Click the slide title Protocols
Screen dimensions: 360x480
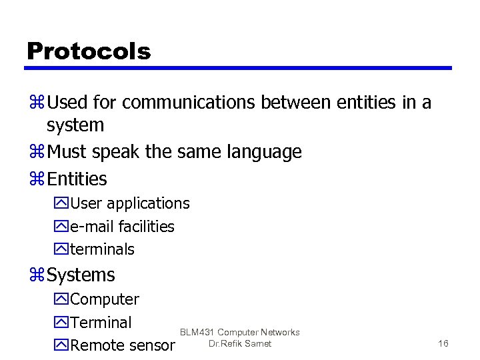pyautogui.click(x=89, y=51)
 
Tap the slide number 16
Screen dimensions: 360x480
pyautogui.click(x=443, y=343)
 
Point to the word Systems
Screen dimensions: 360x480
pyautogui.click(x=81, y=275)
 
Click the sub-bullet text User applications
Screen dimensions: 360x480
pyautogui.click(x=130, y=203)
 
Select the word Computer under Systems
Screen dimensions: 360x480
pyautogui.click(x=105, y=299)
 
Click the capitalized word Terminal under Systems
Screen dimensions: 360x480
pyautogui.click(x=101, y=323)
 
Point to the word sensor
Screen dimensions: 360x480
pyautogui.click(x=152, y=345)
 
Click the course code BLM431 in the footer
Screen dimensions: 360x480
pyautogui.click(x=197, y=332)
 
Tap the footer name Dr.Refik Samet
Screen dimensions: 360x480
pyautogui.click(x=239, y=344)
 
